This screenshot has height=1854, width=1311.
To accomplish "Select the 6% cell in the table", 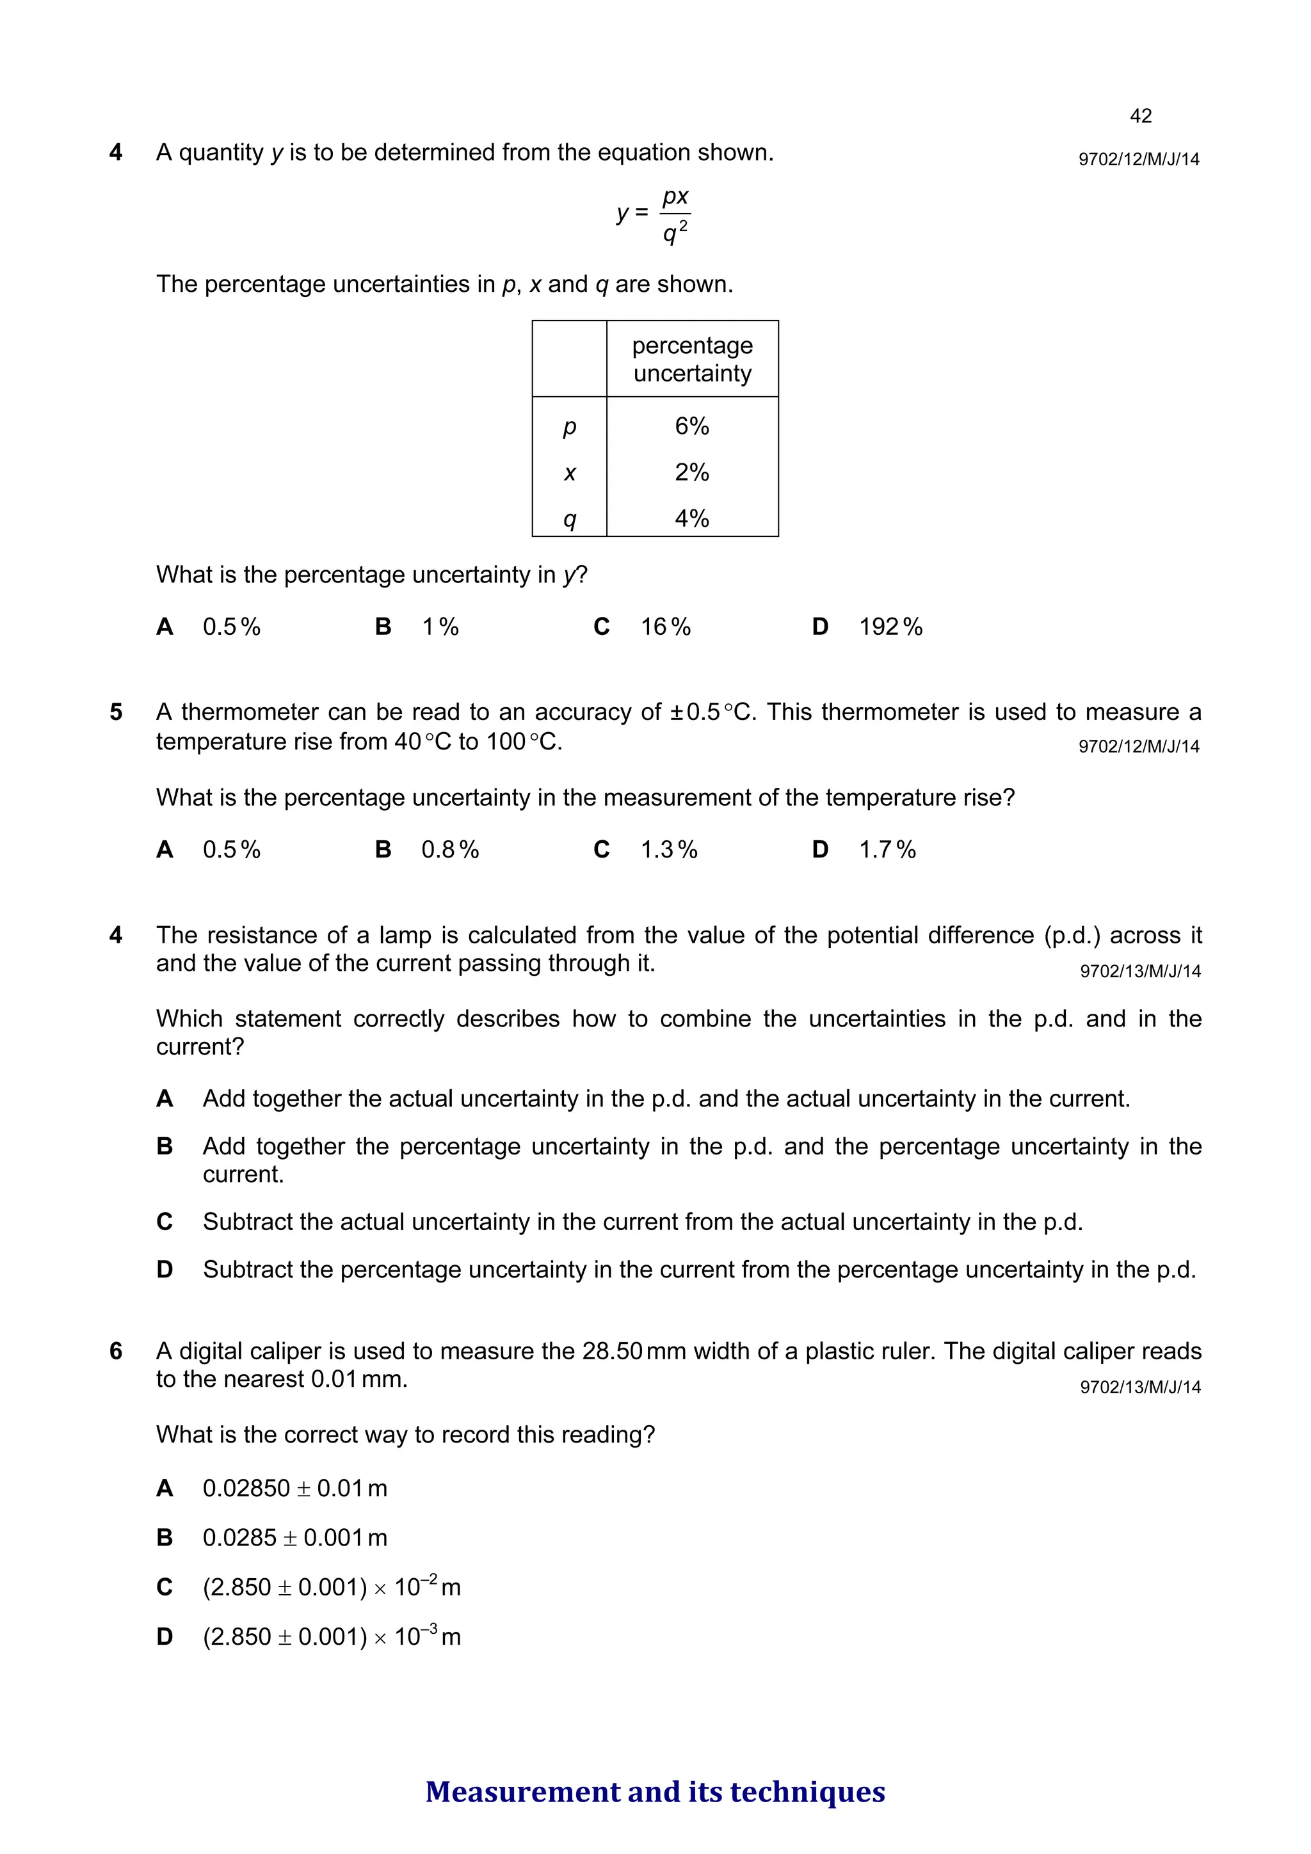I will point(691,426).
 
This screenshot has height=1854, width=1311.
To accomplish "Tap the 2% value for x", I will point(691,472).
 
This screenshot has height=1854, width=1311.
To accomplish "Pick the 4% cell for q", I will point(691,518).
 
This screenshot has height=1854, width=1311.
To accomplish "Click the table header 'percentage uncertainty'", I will point(692,359).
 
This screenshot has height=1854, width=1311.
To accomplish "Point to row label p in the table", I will point(570,427).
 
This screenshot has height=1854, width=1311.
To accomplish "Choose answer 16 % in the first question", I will point(665,627).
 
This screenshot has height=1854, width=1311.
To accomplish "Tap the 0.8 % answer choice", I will point(449,851).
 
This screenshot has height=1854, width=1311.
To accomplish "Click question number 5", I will point(117,712).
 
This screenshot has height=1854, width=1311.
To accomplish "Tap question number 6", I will point(117,1352).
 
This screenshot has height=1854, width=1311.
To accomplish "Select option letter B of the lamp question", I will point(165,1147).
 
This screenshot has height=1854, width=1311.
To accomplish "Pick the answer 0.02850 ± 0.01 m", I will point(295,1488).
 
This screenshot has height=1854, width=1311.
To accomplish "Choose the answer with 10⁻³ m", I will point(331,1637).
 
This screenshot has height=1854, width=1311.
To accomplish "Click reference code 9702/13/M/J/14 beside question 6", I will point(1139,1387).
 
